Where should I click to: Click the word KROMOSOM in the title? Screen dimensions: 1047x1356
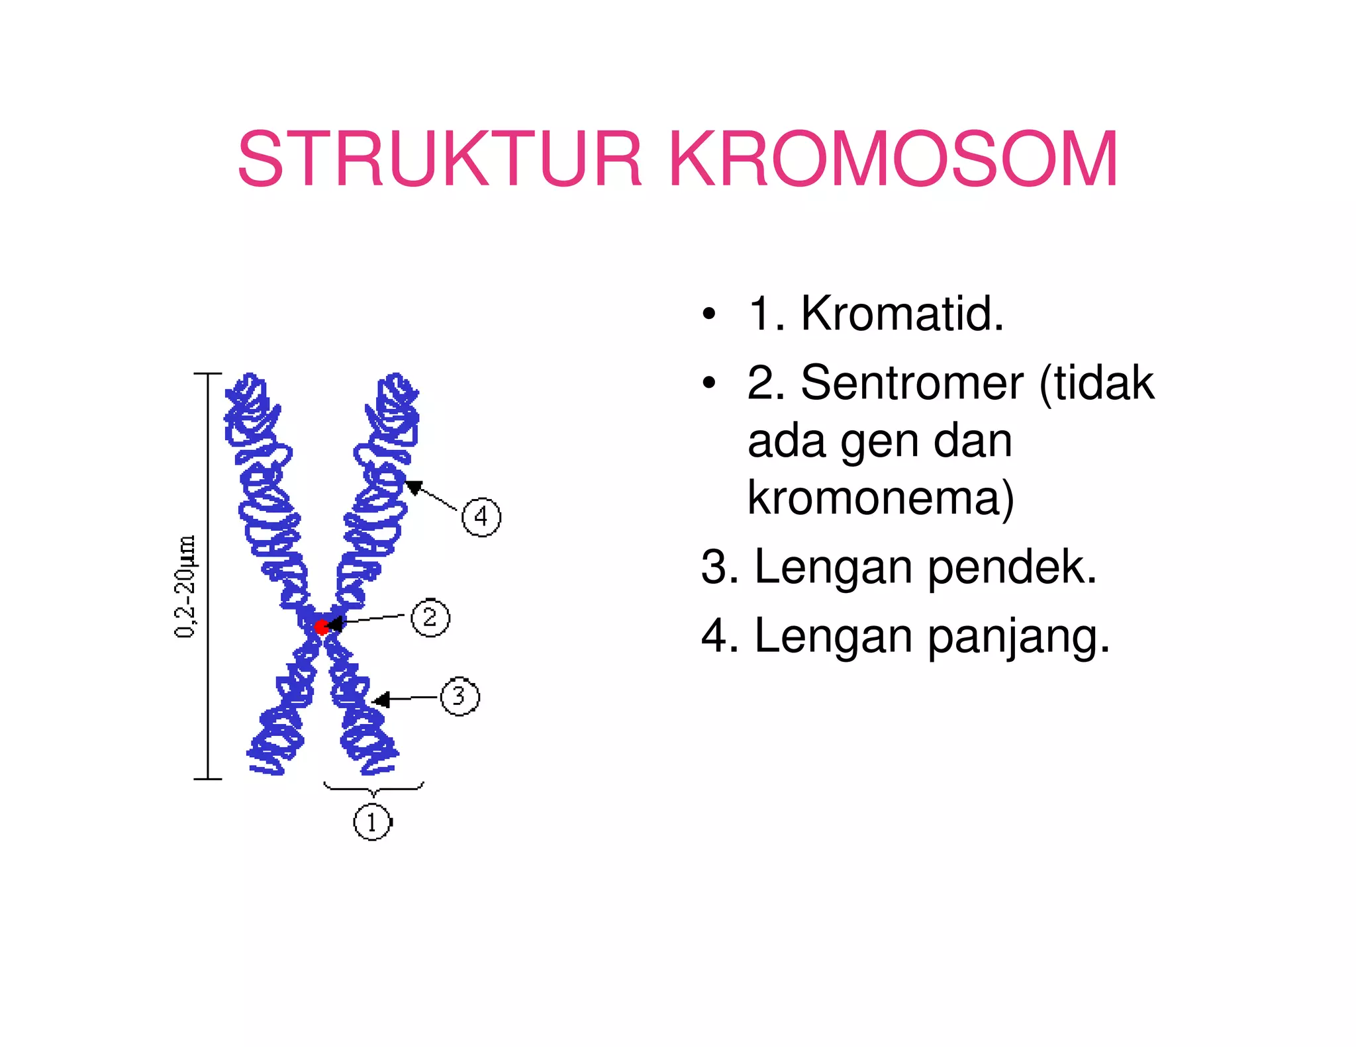(893, 159)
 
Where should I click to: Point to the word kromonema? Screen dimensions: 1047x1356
(880, 498)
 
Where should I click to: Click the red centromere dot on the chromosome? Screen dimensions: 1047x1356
(321, 627)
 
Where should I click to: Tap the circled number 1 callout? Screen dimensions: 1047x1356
(372, 823)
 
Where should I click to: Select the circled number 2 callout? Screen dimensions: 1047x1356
(430, 617)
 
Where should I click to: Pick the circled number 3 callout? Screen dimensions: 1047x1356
(460, 696)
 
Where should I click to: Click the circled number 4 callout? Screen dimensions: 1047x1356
(481, 517)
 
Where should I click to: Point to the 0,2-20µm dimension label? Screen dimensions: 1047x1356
(185, 586)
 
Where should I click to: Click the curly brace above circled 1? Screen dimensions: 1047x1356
(373, 788)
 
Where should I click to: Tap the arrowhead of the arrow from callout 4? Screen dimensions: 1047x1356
(412, 487)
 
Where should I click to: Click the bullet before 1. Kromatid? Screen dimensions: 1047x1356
(709, 314)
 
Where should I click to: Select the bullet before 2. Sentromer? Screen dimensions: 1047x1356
(709, 383)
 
